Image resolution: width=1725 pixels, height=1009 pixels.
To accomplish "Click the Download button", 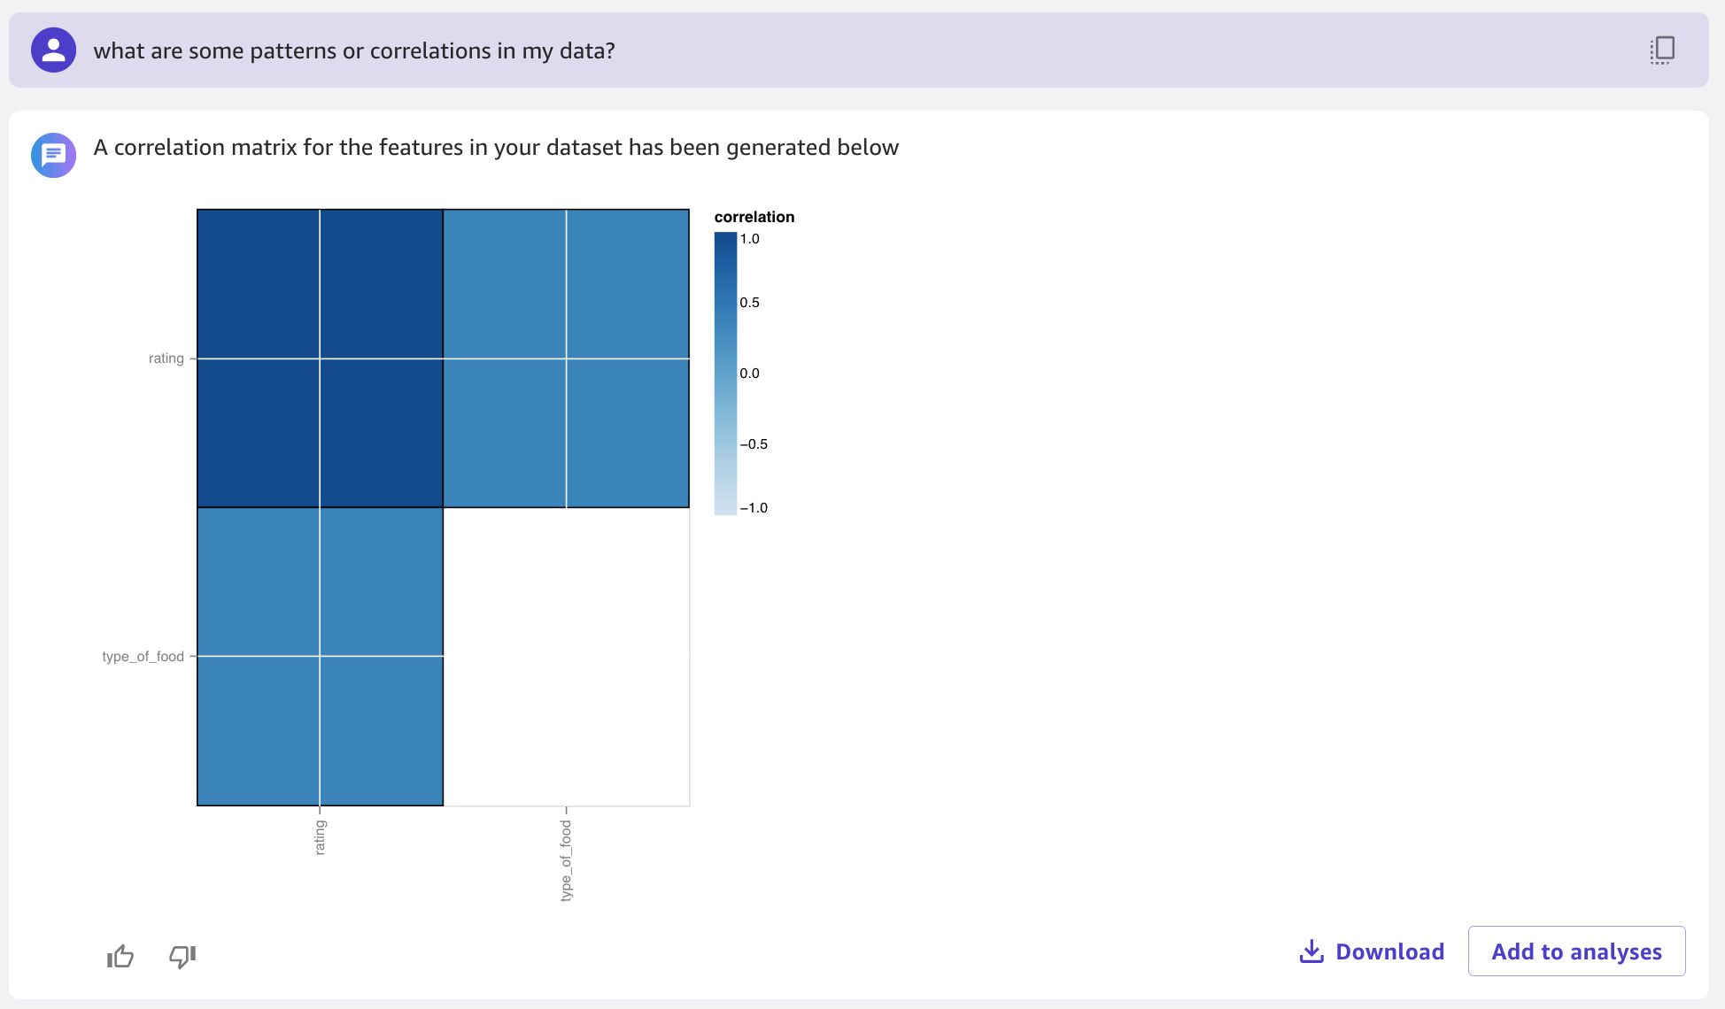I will click(x=1372, y=951).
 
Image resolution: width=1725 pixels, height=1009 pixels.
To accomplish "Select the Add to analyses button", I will click(x=1576, y=951).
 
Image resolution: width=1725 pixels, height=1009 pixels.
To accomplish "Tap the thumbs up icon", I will click(x=120, y=956).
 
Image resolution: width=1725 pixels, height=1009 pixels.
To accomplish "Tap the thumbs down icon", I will click(x=182, y=956).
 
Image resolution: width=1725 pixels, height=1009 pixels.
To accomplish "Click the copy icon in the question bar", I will click(x=1662, y=50).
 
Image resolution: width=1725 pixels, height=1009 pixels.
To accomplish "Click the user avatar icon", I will click(x=53, y=50).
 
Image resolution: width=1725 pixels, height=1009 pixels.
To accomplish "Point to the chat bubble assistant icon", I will click(x=53, y=155).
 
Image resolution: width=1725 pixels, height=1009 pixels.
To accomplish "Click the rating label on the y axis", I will click(x=166, y=358).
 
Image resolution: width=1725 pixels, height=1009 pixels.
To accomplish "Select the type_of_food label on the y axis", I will click(x=143, y=657).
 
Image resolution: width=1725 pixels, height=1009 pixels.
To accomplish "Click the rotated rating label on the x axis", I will click(x=320, y=837).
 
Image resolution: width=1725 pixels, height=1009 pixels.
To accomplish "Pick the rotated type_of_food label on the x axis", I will click(x=566, y=860).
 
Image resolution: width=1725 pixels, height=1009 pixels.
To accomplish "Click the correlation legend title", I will click(x=754, y=217).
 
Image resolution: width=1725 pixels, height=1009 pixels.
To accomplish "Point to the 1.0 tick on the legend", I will click(x=750, y=239).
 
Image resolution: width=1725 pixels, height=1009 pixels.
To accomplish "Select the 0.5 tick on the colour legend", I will click(x=750, y=303).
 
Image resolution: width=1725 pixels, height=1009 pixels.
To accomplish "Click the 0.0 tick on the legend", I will click(x=750, y=374).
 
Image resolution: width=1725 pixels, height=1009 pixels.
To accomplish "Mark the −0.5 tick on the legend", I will click(x=754, y=444).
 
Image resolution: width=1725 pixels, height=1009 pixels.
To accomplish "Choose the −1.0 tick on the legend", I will click(x=754, y=508).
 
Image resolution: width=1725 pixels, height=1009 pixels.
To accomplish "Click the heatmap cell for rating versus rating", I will click(x=320, y=358).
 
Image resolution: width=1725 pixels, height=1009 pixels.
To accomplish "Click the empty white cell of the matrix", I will click(x=566, y=657).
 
